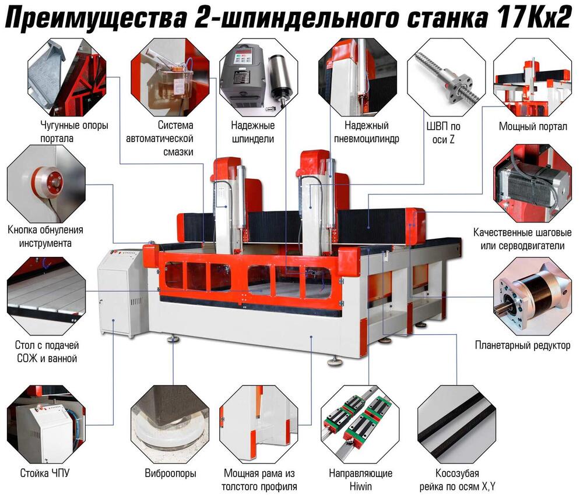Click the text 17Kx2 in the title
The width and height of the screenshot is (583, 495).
[x=533, y=17]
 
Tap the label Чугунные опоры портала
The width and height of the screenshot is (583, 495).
[x=74, y=132]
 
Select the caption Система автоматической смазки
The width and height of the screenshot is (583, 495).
[x=160, y=138]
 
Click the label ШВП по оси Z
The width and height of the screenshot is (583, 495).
[x=443, y=133]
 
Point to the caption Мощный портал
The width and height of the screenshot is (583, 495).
[x=533, y=126]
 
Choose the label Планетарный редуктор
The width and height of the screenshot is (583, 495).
[x=522, y=345]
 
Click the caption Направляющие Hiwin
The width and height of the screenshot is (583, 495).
[x=360, y=480]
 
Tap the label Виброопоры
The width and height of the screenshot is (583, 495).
[x=170, y=473]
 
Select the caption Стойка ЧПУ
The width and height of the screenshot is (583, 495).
[x=45, y=473]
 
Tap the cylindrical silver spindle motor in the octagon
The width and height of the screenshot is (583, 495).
[x=281, y=77]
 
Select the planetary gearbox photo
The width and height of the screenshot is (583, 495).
[x=532, y=296]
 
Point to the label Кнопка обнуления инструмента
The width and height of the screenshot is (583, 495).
[x=45, y=236]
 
